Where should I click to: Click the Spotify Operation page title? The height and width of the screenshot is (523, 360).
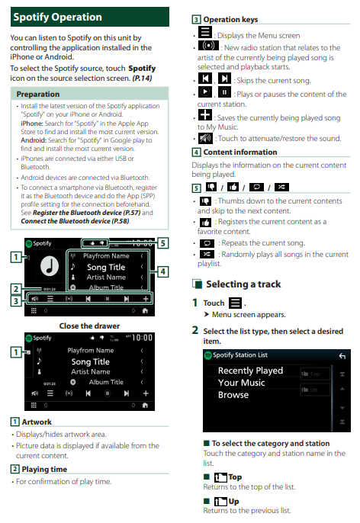pos(57,17)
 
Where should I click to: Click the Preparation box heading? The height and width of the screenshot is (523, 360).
pos(38,94)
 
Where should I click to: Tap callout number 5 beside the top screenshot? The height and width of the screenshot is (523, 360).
pos(162,242)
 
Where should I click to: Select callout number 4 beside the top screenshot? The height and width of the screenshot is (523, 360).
pos(162,271)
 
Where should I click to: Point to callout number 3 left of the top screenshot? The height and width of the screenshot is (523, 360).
pos(16,301)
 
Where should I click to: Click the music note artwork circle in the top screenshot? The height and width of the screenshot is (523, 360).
pos(50,267)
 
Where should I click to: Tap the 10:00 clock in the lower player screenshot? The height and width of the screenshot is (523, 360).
pos(142,338)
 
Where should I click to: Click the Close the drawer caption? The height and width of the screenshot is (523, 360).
pos(89,326)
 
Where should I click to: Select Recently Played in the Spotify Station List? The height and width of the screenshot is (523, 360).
pos(250,371)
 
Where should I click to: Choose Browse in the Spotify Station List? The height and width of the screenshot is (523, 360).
pos(233,395)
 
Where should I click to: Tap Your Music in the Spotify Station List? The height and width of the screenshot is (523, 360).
pos(241,383)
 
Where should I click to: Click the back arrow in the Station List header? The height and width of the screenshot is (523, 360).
pos(342,356)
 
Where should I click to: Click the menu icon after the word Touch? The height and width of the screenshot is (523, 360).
pos(235,303)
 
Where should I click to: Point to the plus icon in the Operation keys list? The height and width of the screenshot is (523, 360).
pos(205,114)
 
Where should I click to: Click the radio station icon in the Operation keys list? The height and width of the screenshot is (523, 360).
pos(208,45)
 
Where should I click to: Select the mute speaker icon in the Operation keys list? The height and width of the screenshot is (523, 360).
pos(205,138)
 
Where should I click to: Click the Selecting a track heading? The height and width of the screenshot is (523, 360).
pos(243,284)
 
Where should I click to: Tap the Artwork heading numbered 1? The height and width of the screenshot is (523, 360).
pos(37,422)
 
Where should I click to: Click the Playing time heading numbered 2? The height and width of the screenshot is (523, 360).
pos(44,470)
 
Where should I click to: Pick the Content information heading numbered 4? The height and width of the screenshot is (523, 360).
pos(240,152)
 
